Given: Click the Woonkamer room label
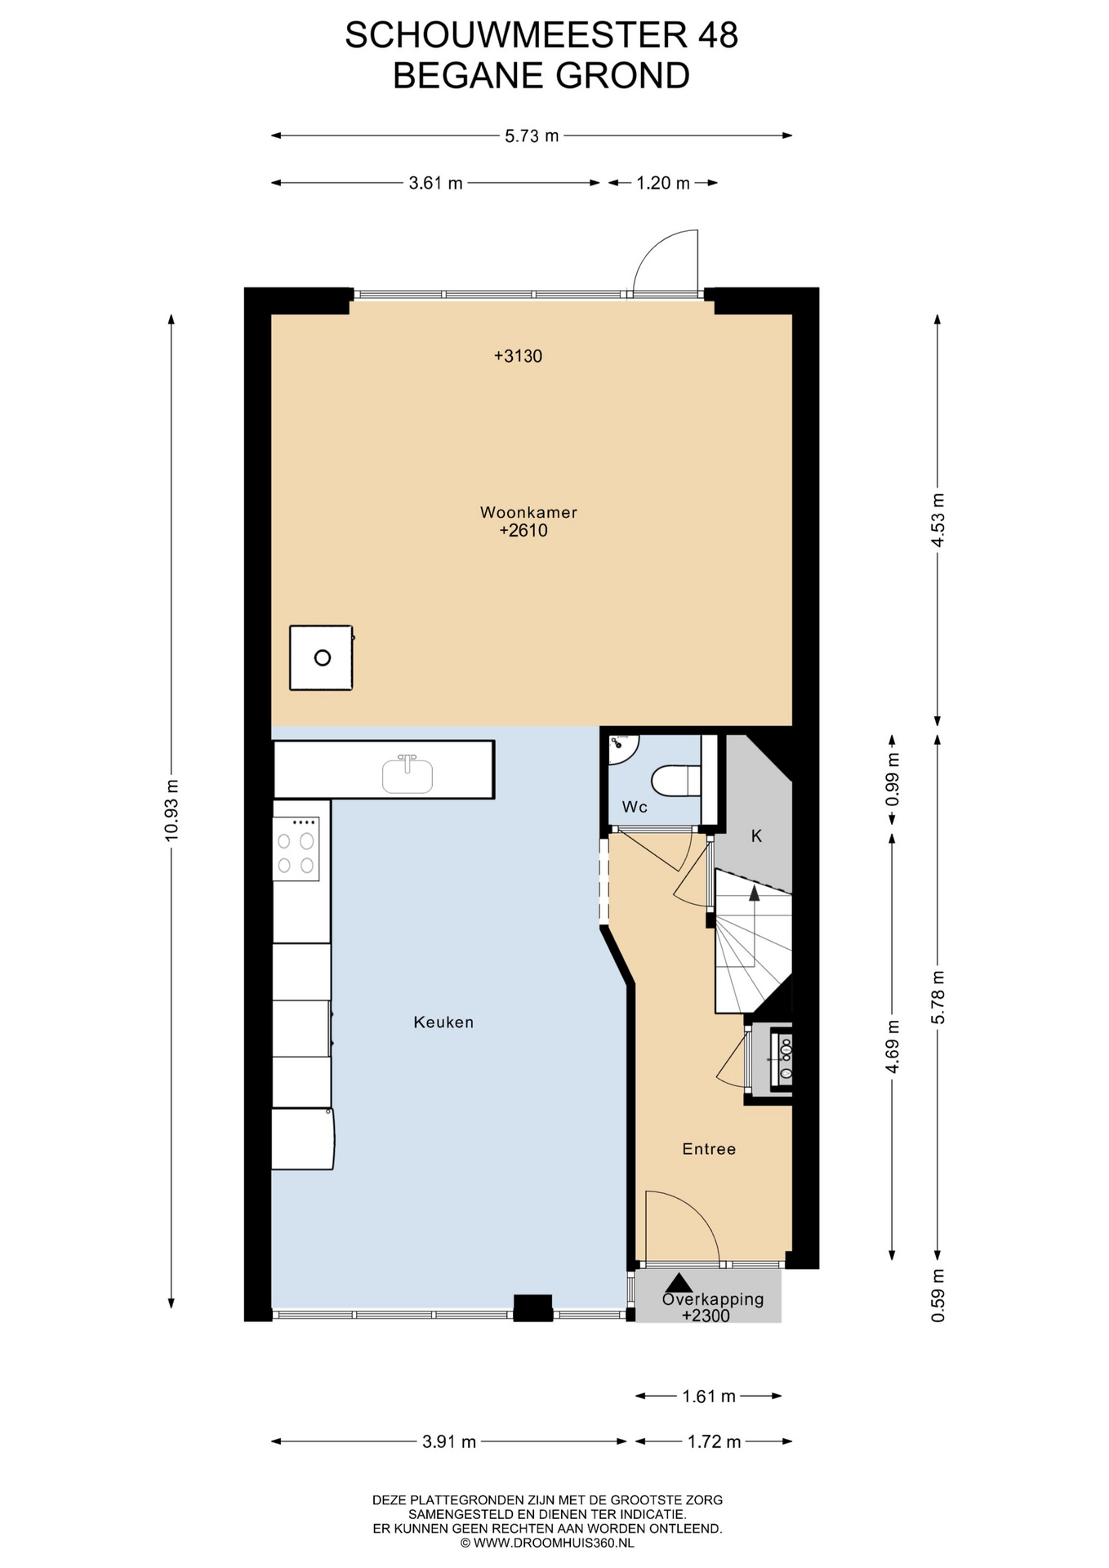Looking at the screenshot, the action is coord(528,513).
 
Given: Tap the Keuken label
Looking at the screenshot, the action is coord(443,1022).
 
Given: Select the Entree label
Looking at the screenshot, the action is coord(709,1149).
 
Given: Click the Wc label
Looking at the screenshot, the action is coord(635,807).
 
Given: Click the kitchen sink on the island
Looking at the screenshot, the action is coord(408,773).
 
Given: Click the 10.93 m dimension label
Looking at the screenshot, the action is coord(171,810).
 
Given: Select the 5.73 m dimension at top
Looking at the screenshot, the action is coord(532,136).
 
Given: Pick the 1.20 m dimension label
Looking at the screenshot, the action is coord(663,183).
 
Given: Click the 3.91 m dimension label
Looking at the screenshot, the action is coord(449,1441).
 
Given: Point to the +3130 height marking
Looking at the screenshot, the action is coord(518,356).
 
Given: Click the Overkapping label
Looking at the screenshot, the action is coord(713,1298).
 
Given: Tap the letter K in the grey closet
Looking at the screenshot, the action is coord(756,835).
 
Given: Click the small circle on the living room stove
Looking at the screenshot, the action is coord(323,657).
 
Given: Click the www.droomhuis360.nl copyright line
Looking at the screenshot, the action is coord(547,1543).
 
